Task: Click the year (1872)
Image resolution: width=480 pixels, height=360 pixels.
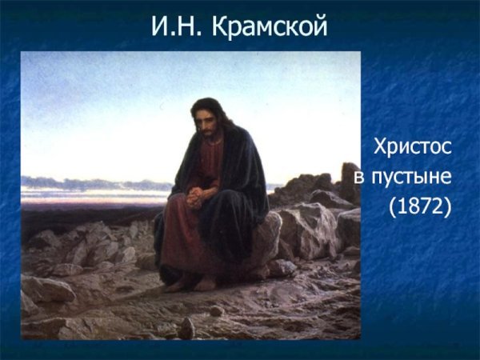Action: [420, 206]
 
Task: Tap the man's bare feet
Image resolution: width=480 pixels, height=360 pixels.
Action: [196, 282]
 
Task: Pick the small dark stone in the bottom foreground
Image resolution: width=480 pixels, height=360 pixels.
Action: [186, 328]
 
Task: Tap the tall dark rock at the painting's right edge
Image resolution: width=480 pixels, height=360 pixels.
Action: [349, 180]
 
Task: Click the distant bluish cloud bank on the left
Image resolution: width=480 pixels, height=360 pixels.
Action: [72, 182]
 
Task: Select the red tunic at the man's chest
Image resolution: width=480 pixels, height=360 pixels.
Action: [210, 156]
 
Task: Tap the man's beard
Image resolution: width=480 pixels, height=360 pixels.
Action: [209, 134]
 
